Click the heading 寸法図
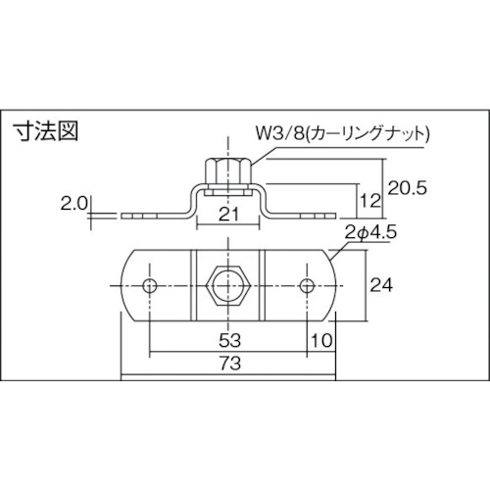[45, 131]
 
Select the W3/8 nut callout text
[341, 134]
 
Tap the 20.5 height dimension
[408, 188]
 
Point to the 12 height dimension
[370, 200]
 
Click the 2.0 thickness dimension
[73, 204]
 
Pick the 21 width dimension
[228, 214]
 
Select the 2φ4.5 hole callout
[370, 232]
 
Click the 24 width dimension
[381, 286]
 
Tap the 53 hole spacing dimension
[229, 340]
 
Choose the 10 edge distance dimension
[321, 340]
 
